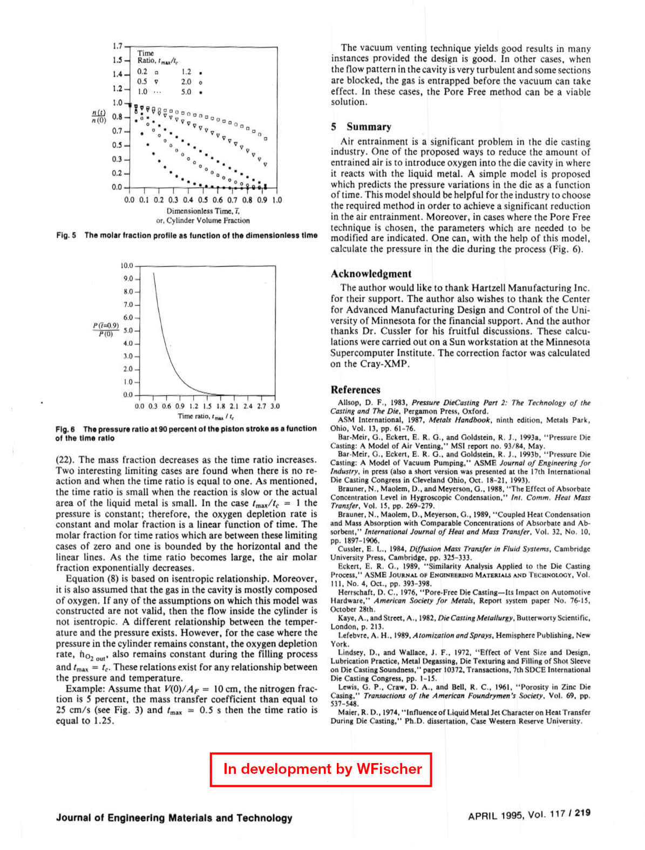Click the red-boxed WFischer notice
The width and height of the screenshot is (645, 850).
(322, 769)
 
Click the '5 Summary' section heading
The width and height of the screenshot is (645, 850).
(361, 127)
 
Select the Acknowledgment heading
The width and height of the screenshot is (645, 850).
(371, 274)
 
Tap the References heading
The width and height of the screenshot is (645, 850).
(355, 390)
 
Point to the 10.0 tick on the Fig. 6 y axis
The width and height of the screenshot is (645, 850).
(127, 266)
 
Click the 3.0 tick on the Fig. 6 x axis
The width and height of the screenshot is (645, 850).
(275, 406)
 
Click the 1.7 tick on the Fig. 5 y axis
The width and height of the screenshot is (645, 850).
(118, 46)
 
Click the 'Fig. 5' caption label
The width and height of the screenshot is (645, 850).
(66, 235)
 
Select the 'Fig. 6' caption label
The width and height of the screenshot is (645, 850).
(65, 429)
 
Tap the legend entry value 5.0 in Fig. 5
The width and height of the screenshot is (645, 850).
(186, 92)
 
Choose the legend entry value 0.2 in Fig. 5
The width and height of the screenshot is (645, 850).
(142, 72)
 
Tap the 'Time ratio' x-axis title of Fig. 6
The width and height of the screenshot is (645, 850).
(206, 416)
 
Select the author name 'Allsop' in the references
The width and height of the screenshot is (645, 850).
(349, 403)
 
